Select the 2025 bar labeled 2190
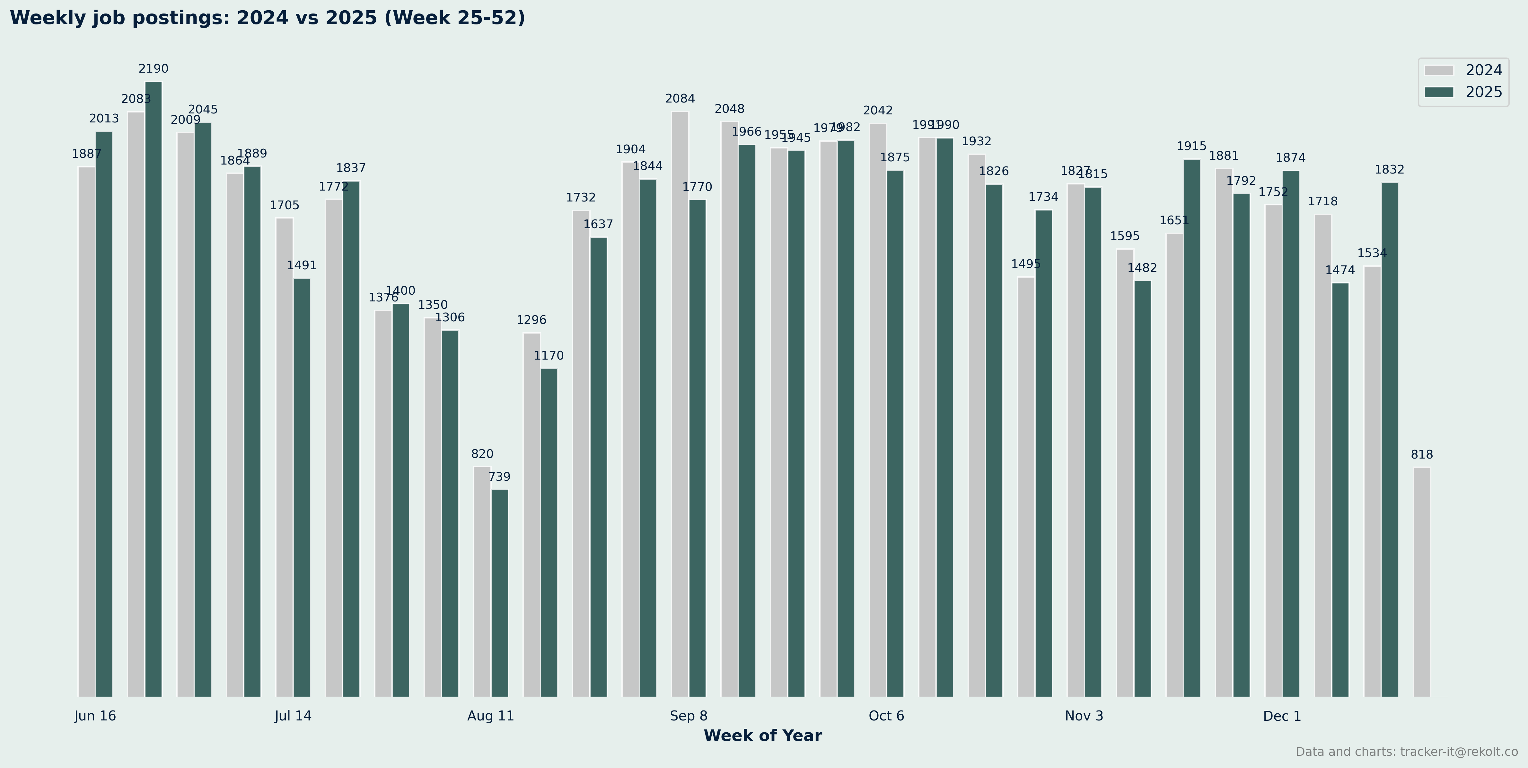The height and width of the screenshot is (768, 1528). [x=154, y=389]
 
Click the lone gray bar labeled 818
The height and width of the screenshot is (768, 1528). [x=1421, y=582]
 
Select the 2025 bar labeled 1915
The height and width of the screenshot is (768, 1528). [x=1192, y=427]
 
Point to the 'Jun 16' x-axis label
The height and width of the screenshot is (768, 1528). [x=95, y=716]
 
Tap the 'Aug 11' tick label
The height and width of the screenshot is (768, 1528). [x=491, y=716]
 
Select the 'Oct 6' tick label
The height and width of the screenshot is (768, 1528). [x=886, y=716]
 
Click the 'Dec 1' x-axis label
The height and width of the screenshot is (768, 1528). [x=1282, y=716]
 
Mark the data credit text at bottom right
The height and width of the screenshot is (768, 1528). [x=1406, y=752]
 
